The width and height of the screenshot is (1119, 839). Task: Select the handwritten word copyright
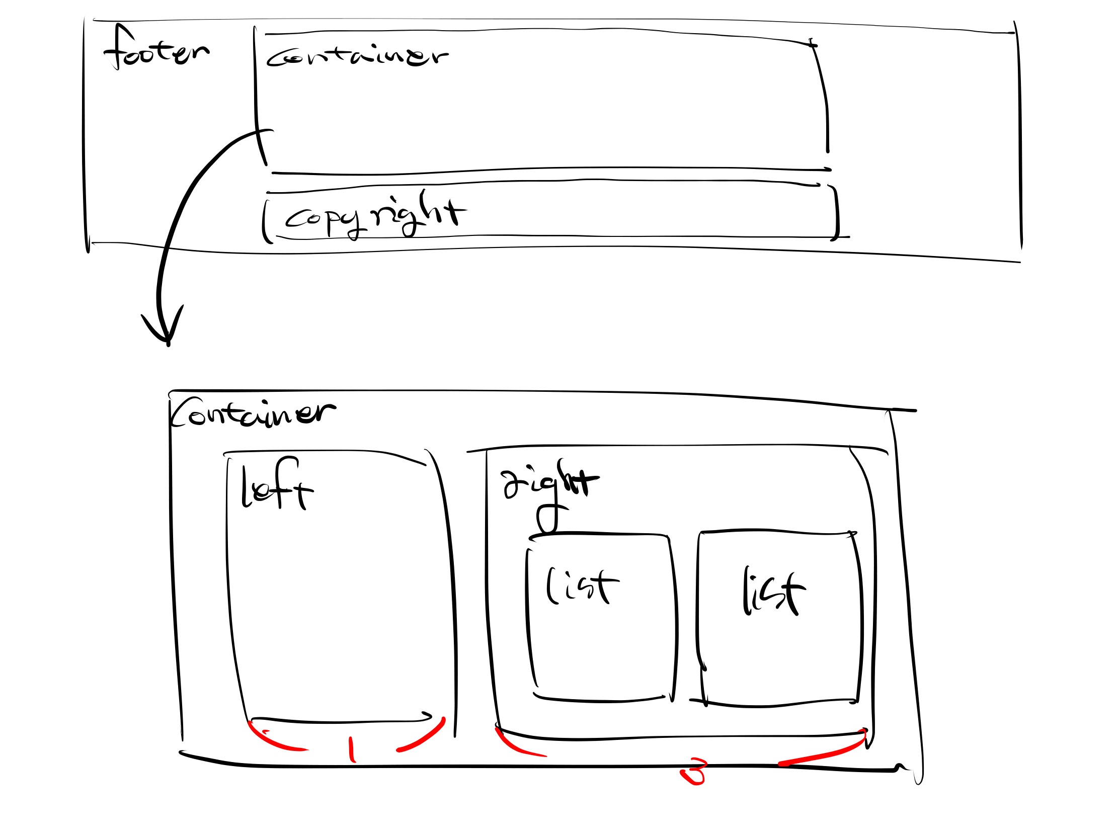click(x=374, y=215)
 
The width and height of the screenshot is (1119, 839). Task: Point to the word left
click(x=276, y=485)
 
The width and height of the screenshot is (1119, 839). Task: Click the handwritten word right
click(x=549, y=480)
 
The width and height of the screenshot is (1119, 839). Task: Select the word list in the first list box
click(x=582, y=586)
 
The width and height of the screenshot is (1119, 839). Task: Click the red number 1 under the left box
click(x=352, y=749)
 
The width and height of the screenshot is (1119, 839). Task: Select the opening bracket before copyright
click(x=265, y=222)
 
